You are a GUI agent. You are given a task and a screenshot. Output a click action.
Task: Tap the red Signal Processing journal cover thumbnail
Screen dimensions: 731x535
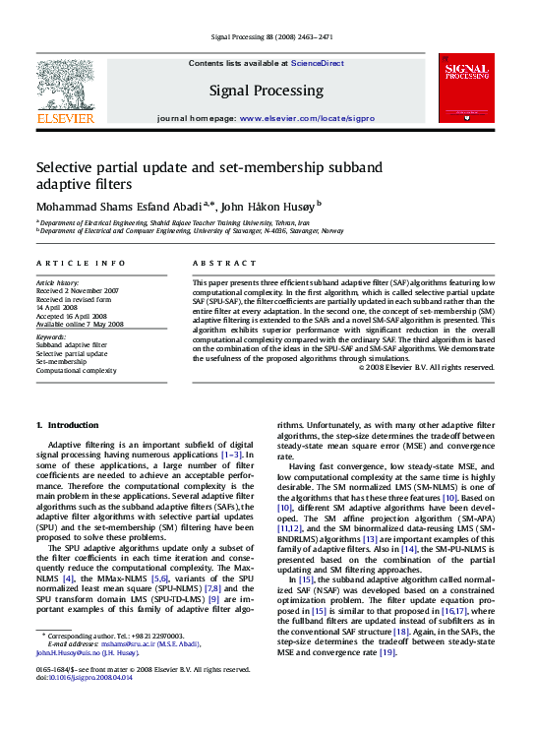(467, 88)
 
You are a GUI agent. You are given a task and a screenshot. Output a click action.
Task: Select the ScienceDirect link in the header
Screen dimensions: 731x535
(317, 63)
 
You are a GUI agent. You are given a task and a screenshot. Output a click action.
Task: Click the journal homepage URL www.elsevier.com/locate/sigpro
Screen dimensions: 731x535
(306, 117)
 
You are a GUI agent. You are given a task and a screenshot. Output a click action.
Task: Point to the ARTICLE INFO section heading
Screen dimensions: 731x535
(81, 264)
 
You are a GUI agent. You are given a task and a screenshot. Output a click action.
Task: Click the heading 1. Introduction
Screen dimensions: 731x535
(67, 425)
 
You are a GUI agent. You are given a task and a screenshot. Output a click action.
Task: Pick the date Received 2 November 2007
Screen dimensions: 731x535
(77, 291)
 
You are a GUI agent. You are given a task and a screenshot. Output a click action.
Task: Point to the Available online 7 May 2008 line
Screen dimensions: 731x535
(80, 324)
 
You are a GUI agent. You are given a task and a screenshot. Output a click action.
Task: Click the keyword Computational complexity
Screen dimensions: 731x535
(76, 370)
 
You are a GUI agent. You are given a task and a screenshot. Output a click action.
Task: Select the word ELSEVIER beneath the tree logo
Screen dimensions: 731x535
(65, 118)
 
